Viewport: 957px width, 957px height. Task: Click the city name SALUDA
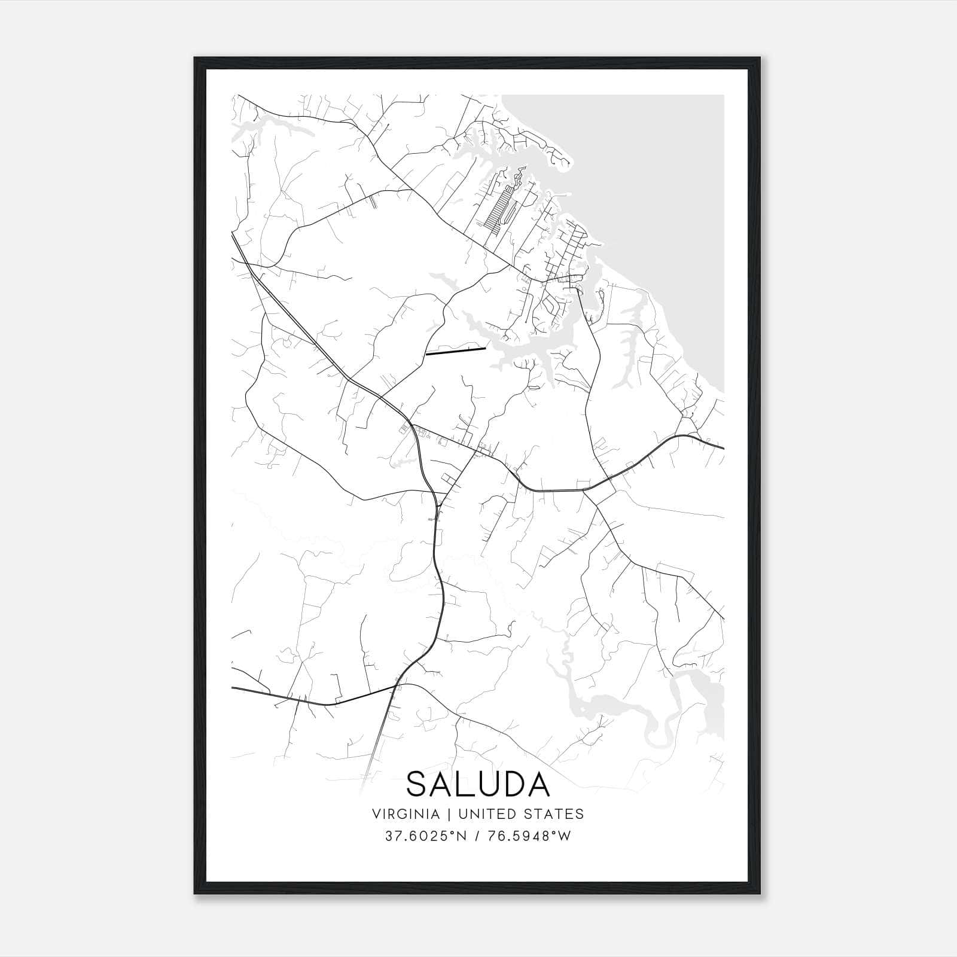point(478,784)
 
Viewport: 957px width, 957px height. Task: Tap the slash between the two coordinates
point(474,836)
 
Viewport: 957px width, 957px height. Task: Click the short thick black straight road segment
point(455,351)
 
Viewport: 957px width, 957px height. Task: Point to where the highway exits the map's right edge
point(723,447)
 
